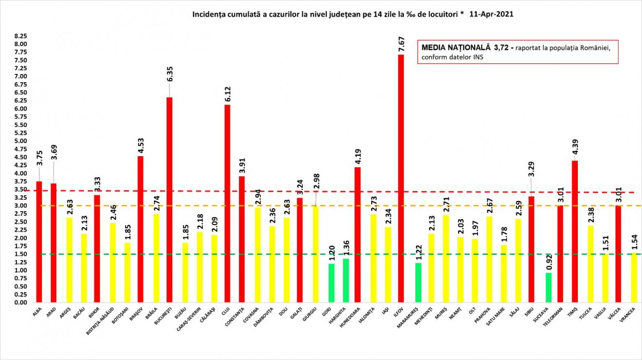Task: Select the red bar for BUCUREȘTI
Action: coord(169,200)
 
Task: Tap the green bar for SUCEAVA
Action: coord(548,288)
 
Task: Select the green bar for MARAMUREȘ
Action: coord(418,283)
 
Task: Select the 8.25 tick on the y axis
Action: coord(20,36)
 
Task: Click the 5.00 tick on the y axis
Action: coord(20,141)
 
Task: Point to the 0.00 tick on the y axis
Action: coord(20,303)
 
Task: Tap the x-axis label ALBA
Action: coord(37,313)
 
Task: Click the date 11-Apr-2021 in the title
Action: coord(491,15)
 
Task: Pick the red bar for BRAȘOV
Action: coord(141,229)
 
